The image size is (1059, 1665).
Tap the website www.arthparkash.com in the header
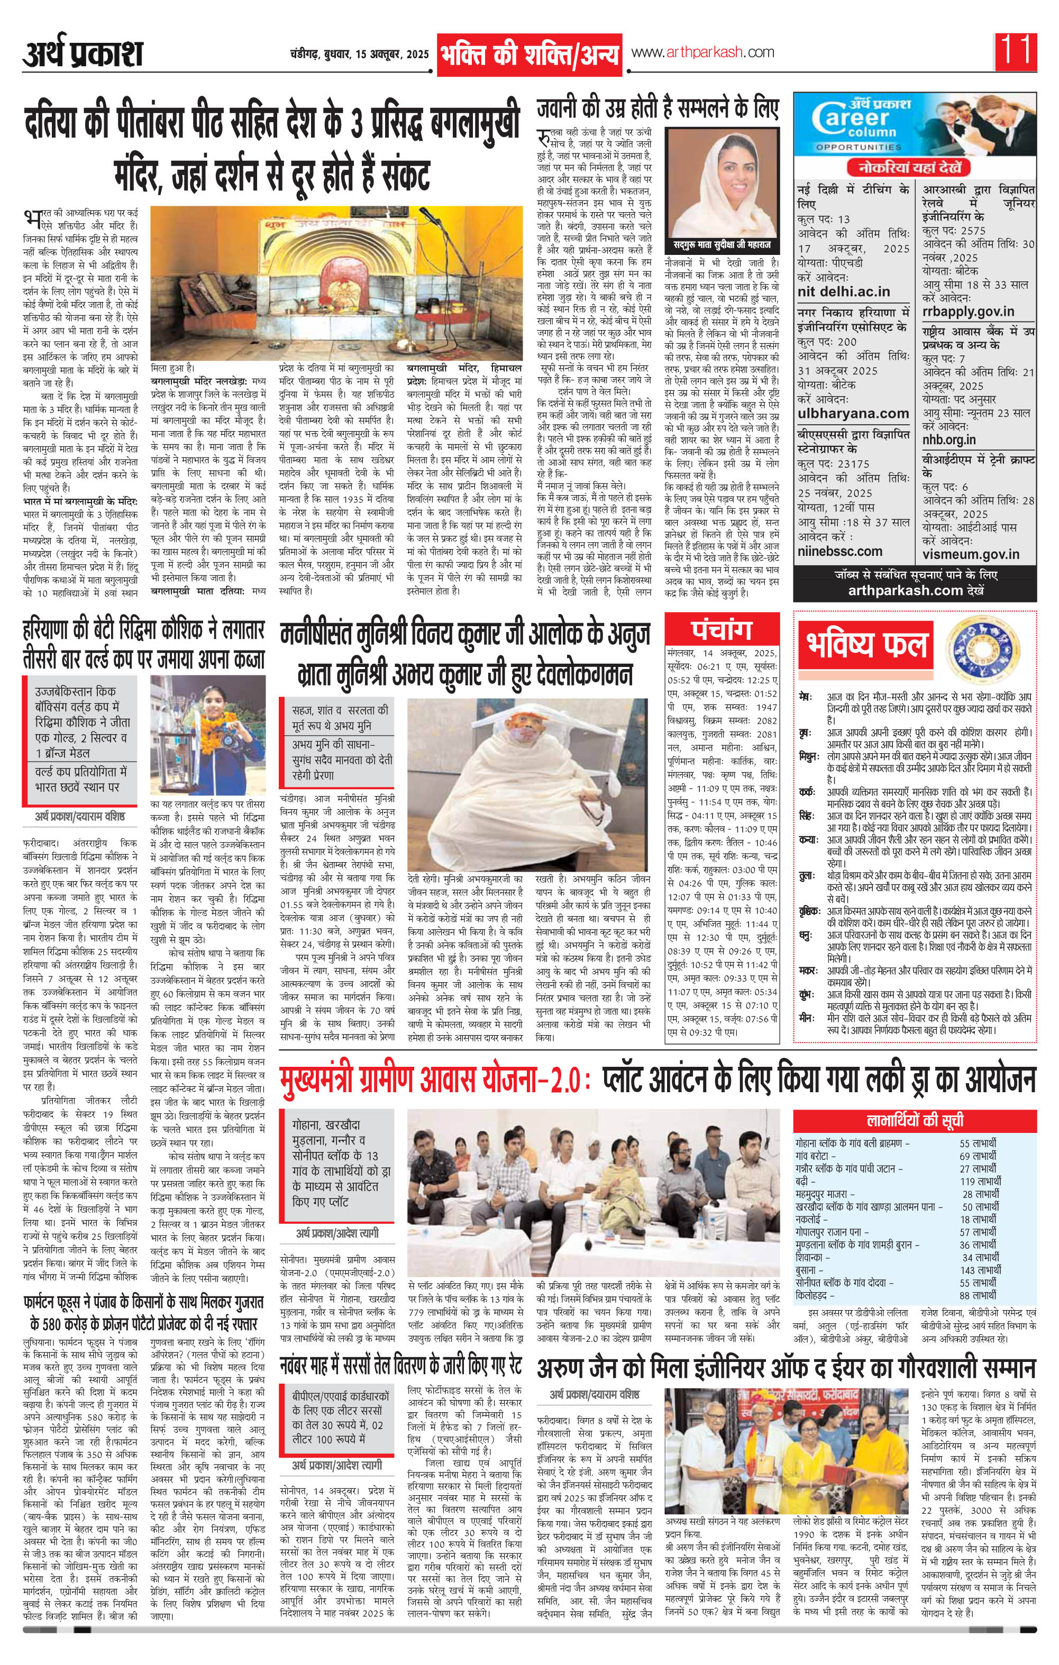(x=702, y=52)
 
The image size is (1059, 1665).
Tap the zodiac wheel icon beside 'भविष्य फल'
(x=976, y=642)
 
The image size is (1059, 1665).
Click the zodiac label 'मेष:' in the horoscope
(x=805, y=695)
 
